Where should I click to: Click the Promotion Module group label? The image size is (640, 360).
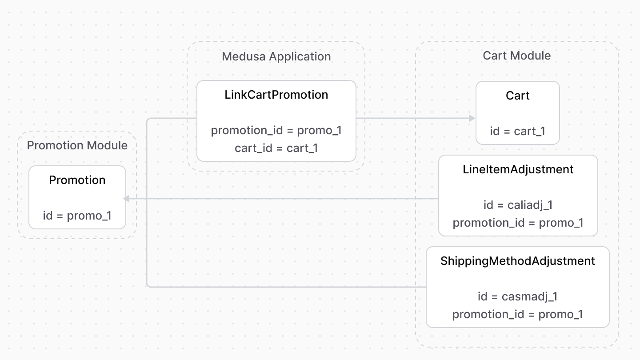pyautogui.click(x=77, y=145)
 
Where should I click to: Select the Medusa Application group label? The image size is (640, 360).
pyautogui.click(x=276, y=56)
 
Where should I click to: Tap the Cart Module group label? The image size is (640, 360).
pyautogui.click(x=516, y=56)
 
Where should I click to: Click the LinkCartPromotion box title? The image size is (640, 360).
pyautogui.click(x=276, y=95)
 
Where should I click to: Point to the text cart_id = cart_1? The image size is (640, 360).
pyautogui.click(x=276, y=148)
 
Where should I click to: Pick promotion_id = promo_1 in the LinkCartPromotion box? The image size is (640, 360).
pyautogui.click(x=276, y=130)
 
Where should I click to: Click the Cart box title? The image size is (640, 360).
pyautogui.click(x=517, y=96)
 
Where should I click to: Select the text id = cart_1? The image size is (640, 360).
pyautogui.click(x=517, y=131)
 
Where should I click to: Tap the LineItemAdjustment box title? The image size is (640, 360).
pyautogui.click(x=518, y=169)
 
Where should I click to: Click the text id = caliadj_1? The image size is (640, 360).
pyautogui.click(x=518, y=205)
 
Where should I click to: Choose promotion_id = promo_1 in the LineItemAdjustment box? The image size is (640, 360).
pyautogui.click(x=518, y=223)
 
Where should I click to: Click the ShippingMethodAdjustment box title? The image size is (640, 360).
pyautogui.click(x=517, y=261)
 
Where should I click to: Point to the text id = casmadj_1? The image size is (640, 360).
pyautogui.click(x=517, y=296)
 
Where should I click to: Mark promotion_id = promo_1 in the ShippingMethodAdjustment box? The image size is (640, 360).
pyautogui.click(x=517, y=314)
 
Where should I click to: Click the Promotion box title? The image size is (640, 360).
pyautogui.click(x=77, y=180)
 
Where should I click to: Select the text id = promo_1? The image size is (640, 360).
pyautogui.click(x=77, y=216)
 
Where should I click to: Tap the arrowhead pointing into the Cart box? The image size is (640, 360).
pyautogui.click(x=472, y=118)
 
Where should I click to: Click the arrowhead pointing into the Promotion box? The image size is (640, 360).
pyautogui.click(x=127, y=199)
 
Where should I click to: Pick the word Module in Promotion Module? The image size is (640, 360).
pyautogui.click(x=107, y=145)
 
